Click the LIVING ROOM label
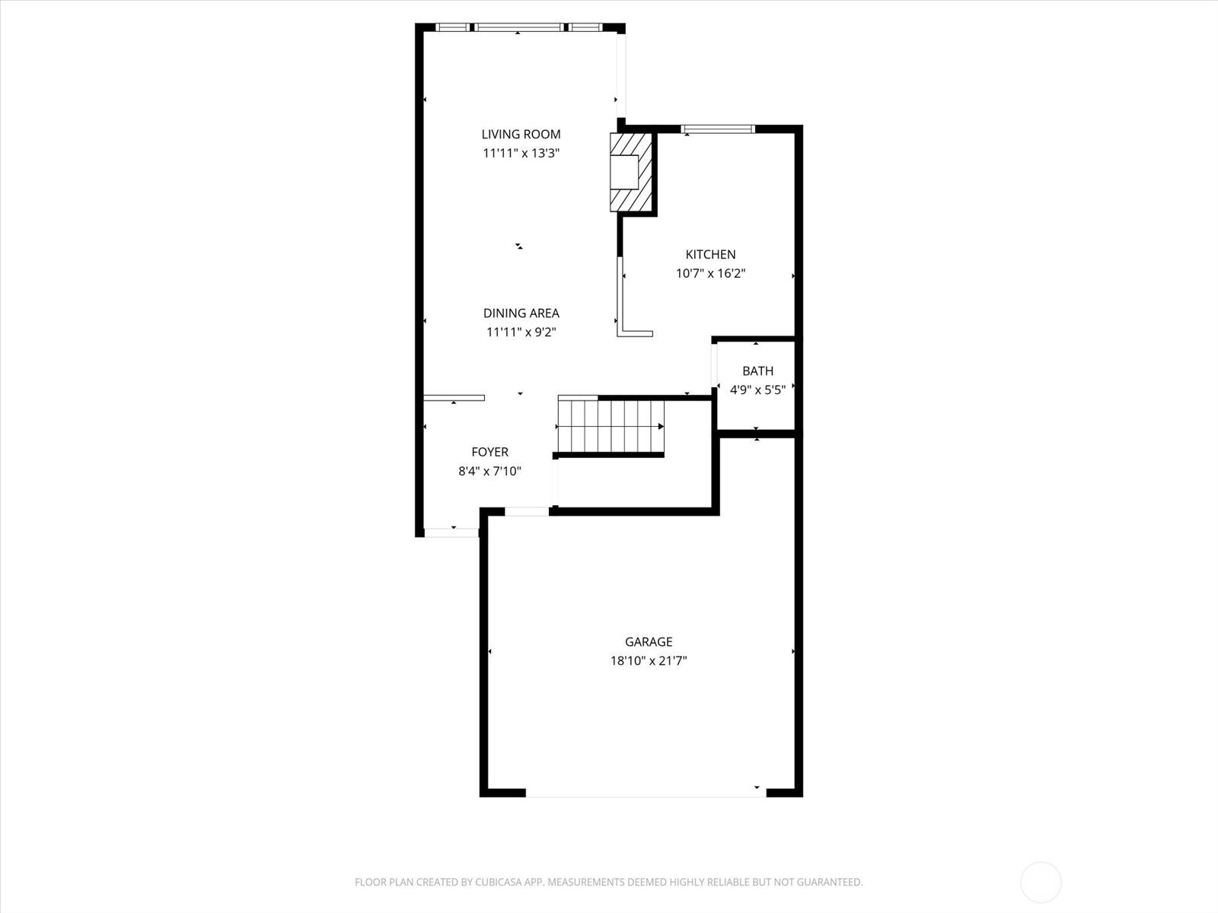[521, 134]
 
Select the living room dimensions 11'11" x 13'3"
[521, 153]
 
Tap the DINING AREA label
[521, 313]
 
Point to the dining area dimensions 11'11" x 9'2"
[521, 332]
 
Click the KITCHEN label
[710, 254]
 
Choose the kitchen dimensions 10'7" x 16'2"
[710, 273]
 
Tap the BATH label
[757, 371]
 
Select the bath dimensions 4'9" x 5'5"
[757, 390]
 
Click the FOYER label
[489, 452]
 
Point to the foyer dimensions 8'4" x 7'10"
[489, 471]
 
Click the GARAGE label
[648, 642]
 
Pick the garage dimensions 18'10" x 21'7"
[648, 660]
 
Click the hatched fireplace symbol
[631, 173]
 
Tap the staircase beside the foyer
[611, 426]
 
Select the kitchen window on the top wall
[718, 129]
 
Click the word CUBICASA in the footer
[499, 882]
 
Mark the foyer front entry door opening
[451, 533]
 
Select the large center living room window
[518, 27]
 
